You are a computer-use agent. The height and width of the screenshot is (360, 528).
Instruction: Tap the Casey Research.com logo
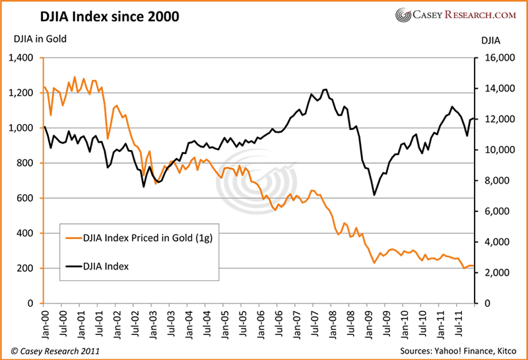click(x=456, y=15)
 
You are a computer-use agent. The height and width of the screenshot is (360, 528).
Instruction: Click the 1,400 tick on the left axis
click(x=24, y=58)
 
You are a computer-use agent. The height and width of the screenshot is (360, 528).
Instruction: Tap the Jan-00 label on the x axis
click(x=44, y=322)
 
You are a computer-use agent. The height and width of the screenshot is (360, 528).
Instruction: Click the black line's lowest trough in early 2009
click(x=374, y=195)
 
